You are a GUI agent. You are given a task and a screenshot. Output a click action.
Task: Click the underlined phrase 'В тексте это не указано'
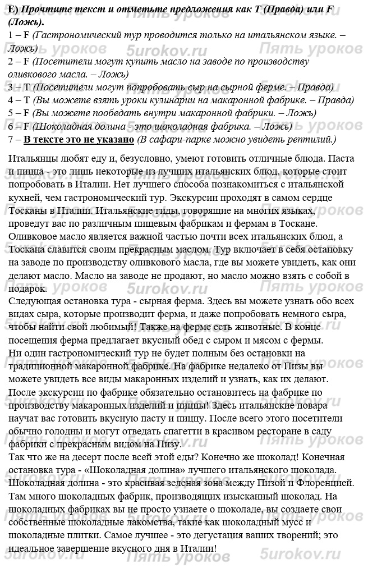tap(79, 139)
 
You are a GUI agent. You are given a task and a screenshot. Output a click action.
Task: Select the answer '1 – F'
tap(19, 35)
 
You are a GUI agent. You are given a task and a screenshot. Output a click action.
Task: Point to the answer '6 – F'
tap(19, 126)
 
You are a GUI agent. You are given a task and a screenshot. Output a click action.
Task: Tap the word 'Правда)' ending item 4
tap(335, 100)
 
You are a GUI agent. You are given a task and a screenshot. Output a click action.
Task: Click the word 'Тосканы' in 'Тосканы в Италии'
tap(28, 210)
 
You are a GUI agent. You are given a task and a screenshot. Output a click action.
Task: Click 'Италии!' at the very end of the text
tap(197, 547)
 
